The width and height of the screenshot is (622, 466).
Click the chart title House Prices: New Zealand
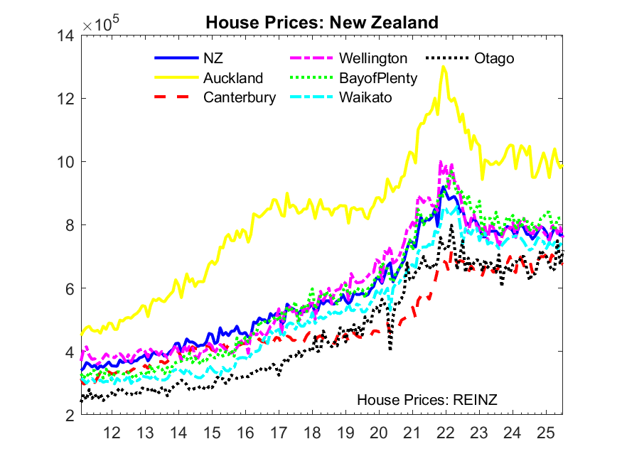322,23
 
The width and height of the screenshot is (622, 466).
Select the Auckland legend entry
233,78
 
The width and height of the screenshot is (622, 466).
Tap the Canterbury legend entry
240,97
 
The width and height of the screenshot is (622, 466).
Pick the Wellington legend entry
373,58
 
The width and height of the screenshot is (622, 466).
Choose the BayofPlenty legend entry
378,78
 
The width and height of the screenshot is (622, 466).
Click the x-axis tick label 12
111,432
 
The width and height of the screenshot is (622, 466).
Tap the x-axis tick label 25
545,432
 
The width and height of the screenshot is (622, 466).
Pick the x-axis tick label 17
278,432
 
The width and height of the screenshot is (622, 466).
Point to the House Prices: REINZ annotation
427,400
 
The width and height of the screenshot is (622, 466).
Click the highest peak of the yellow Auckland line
444,67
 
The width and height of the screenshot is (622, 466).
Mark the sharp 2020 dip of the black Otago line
390,349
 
